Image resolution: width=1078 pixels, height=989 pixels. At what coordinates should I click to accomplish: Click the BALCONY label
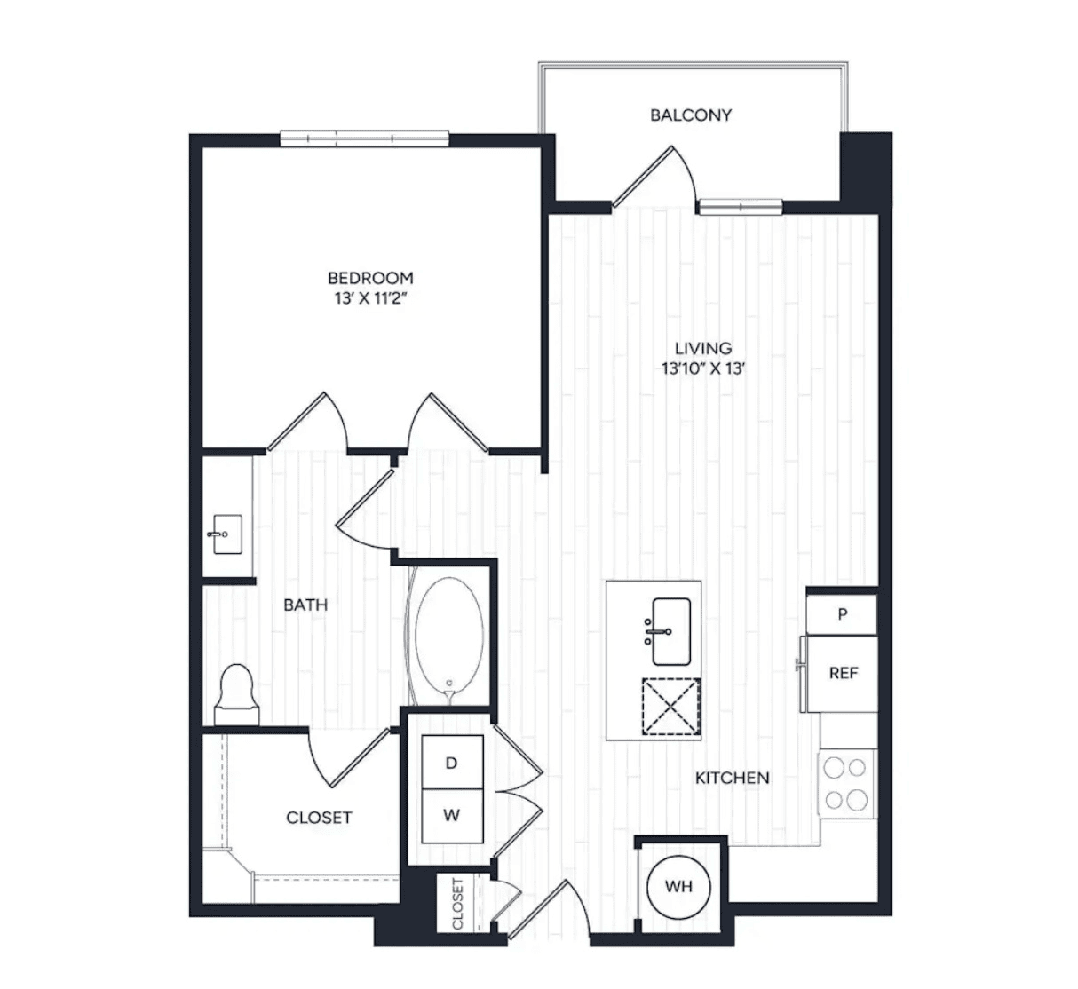[x=691, y=115]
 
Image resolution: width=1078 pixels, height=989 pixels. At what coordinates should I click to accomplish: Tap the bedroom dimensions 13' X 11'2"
[x=370, y=299]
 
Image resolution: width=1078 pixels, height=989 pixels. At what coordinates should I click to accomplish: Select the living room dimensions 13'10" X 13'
[x=703, y=368]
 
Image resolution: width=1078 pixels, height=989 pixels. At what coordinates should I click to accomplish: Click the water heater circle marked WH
[x=678, y=886]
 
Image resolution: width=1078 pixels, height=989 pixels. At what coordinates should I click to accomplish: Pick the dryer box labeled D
[x=452, y=763]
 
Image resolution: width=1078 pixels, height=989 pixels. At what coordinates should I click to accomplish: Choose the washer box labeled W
[x=452, y=815]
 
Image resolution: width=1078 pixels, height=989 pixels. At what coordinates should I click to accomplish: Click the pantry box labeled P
[x=842, y=613]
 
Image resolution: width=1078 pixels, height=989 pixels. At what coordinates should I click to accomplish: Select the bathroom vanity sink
[x=226, y=534]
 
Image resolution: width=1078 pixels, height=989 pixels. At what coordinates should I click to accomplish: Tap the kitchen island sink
[x=670, y=631]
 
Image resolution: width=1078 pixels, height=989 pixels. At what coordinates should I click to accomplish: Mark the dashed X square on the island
[x=671, y=707]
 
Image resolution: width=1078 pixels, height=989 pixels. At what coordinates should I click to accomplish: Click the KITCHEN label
[x=732, y=778]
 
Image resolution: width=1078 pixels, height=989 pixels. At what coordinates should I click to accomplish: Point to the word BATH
[x=305, y=605]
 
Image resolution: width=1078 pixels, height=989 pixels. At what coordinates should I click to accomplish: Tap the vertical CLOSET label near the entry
[x=457, y=904]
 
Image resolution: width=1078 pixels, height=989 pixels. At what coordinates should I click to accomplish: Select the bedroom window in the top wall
[x=364, y=138]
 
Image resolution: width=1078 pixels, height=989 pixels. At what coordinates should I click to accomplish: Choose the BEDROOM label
[x=370, y=278]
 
